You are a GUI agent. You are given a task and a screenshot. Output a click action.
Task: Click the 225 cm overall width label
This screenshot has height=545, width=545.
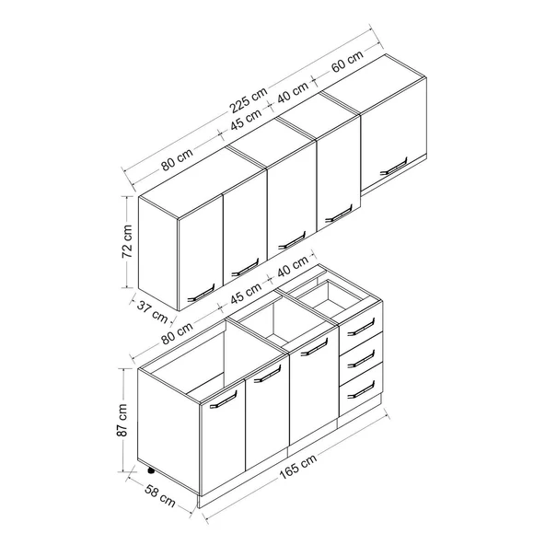tap(249, 99)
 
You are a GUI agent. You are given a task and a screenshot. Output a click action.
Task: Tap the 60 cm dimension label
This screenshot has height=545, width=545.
tap(347, 61)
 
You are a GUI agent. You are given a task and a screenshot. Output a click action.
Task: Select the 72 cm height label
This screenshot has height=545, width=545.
tap(127, 241)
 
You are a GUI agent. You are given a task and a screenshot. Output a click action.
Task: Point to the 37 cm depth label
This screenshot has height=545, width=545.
tap(153, 311)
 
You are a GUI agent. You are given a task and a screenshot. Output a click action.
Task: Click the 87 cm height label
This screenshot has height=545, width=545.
tap(122, 420)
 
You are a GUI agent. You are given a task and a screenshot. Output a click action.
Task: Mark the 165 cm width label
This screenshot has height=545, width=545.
tap(298, 466)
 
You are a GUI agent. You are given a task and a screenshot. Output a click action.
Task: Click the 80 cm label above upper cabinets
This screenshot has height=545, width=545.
tap(177, 160)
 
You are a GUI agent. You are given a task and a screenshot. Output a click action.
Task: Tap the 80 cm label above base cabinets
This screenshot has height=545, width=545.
tap(177, 333)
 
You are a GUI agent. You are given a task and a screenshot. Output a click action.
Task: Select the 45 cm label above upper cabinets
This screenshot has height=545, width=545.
tap(246, 120)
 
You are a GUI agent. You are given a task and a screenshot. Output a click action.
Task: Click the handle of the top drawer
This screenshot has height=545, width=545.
tap(361, 328)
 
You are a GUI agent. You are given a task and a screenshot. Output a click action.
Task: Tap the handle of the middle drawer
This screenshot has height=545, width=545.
tap(361, 358)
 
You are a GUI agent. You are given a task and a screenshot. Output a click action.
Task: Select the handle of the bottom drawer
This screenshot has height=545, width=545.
tap(361, 389)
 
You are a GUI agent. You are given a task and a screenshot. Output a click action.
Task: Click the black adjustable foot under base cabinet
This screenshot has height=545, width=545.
tap(151, 471)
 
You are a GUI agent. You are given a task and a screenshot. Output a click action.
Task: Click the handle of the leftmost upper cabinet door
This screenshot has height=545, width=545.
tap(201, 293)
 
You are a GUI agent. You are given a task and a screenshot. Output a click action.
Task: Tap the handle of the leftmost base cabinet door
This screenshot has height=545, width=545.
tap(223, 400)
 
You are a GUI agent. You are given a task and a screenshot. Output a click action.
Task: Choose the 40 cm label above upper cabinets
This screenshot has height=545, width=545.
tap(293, 92)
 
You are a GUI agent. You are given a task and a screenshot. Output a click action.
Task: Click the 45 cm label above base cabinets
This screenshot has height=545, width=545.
tap(246, 294)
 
